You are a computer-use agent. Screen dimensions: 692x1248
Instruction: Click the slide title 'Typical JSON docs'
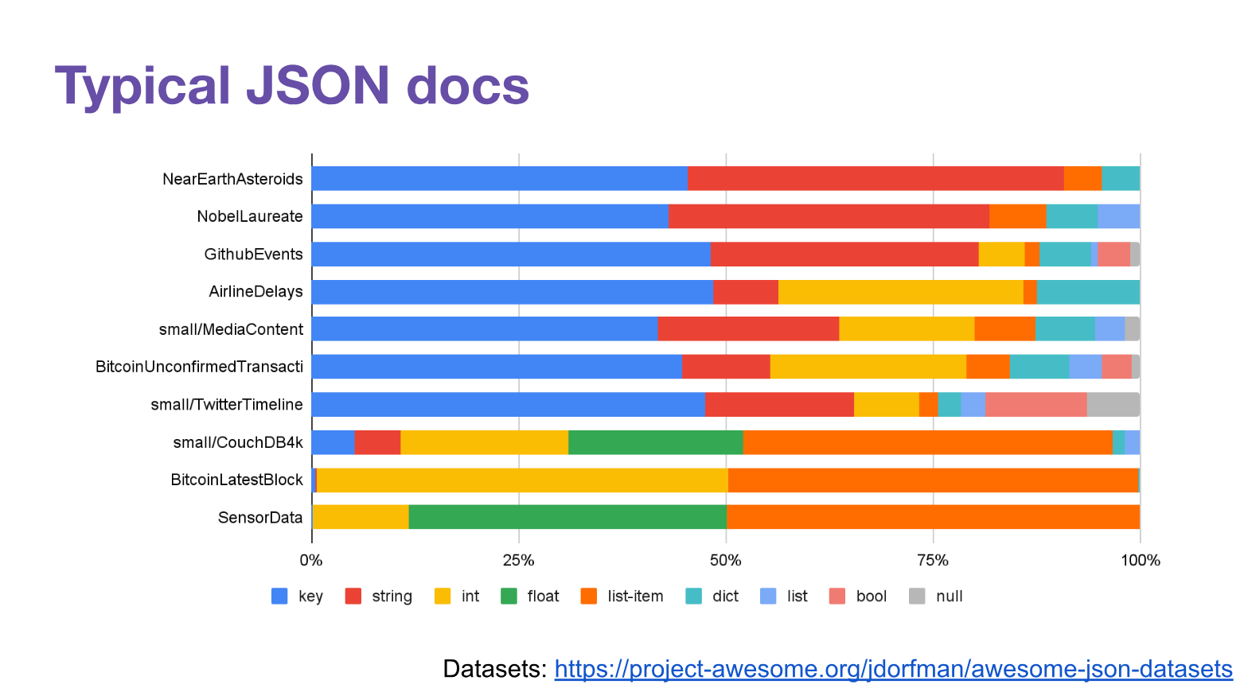point(291,85)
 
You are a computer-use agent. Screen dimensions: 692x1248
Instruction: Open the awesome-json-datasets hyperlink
point(893,669)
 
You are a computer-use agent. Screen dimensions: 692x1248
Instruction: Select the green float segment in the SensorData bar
point(567,517)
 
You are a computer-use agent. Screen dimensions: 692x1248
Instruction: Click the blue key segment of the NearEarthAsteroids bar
point(499,178)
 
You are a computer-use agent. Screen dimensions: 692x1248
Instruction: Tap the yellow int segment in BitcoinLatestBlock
point(522,480)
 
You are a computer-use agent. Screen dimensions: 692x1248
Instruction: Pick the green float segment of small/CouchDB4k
point(655,442)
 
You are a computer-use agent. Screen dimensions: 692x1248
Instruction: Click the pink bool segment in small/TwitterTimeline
point(1035,404)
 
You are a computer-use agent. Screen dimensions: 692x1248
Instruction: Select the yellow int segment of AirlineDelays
point(900,292)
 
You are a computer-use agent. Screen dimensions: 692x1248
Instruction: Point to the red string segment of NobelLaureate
point(829,216)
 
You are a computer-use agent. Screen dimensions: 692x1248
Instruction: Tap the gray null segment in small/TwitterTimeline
point(1113,404)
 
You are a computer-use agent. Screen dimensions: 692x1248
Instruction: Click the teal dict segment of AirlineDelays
point(1088,292)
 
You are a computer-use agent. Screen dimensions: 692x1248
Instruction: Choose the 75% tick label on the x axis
point(933,560)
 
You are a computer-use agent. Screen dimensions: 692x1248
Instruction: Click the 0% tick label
point(311,560)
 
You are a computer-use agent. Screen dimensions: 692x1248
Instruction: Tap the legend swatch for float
point(509,597)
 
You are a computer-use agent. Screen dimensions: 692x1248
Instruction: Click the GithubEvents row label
point(253,255)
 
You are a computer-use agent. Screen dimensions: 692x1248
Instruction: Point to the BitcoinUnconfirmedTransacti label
point(199,367)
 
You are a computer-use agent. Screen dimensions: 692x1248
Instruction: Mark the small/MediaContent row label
point(231,329)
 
